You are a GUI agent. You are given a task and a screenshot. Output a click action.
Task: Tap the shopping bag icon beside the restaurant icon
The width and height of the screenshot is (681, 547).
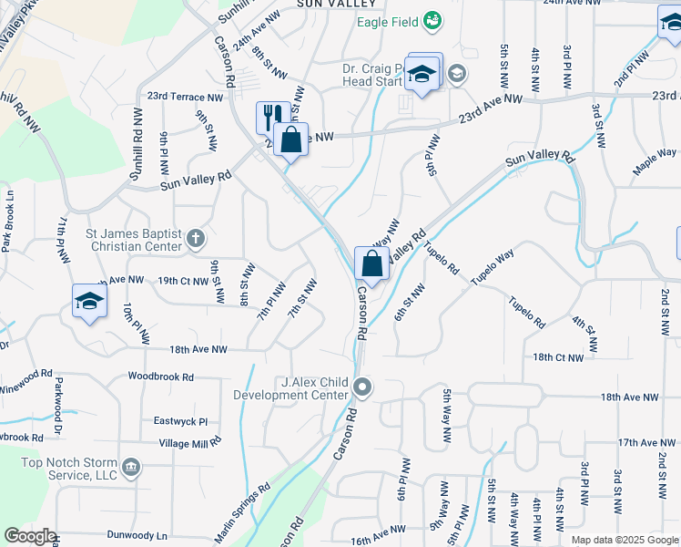pyautogui.click(x=291, y=139)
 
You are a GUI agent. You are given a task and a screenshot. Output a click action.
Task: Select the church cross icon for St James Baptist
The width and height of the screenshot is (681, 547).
pyautogui.click(x=195, y=239)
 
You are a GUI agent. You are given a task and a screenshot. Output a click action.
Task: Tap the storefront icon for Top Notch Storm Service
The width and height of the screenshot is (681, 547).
pyautogui.click(x=131, y=468)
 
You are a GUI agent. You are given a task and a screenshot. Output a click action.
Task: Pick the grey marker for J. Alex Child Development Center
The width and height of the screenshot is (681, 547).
pyautogui.click(x=362, y=388)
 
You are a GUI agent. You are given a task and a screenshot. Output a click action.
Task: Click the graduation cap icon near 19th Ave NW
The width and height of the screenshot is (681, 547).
pyautogui.click(x=88, y=302)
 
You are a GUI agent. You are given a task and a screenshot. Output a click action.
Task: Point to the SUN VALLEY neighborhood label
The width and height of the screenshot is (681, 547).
pyautogui.click(x=330, y=4)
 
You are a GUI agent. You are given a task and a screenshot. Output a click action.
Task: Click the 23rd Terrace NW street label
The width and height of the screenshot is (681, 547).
pyautogui.click(x=185, y=96)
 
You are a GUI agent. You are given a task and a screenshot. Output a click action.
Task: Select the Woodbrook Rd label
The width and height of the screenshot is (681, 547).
pyautogui.click(x=161, y=376)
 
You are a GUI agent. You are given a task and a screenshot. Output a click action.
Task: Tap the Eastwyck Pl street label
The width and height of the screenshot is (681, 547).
pyautogui.click(x=181, y=421)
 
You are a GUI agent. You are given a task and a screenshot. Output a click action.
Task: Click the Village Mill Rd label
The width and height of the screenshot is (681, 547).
pyautogui.click(x=189, y=442)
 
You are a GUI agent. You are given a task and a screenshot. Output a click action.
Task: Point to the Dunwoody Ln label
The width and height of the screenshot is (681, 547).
pyautogui.click(x=137, y=535)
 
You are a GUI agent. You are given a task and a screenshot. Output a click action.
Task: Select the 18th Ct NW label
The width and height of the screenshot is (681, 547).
pyautogui.click(x=558, y=357)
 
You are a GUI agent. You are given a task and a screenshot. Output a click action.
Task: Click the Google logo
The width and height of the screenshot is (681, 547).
pyautogui.click(x=30, y=536)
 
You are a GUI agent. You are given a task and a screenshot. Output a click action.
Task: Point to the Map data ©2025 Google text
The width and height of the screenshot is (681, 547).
pyautogui.click(x=624, y=540)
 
